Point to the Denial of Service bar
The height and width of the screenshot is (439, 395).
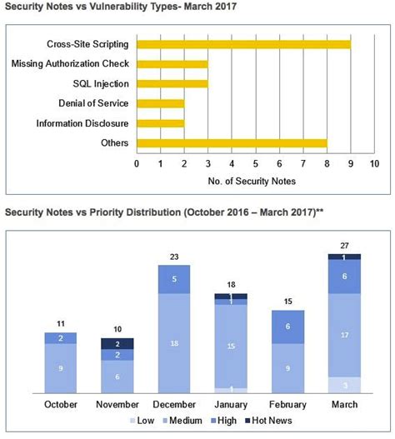point(161,103)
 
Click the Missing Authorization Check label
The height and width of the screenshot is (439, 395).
point(71,63)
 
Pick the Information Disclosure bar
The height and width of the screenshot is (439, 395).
point(161,123)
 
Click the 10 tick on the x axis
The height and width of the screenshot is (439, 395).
point(374,163)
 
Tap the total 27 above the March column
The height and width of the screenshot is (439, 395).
point(345,246)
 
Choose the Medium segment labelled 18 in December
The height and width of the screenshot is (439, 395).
point(174,342)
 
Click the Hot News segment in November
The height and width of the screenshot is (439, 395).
point(117,343)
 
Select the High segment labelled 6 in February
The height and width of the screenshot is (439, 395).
point(288,327)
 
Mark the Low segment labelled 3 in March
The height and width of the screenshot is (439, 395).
point(345,384)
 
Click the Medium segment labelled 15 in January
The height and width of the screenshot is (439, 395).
point(231,346)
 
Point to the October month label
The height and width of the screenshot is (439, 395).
point(60,405)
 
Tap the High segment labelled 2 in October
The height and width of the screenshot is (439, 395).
point(60,338)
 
